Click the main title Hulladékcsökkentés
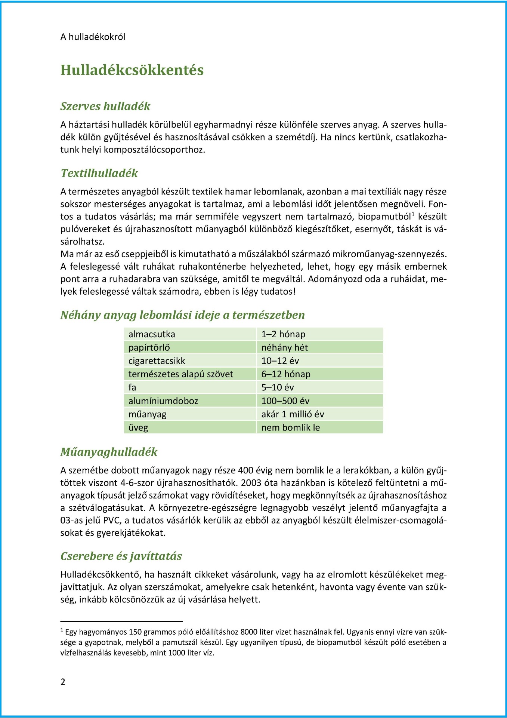tap(132, 70)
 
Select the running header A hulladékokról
tap(93, 37)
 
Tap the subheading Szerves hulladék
tap(105, 106)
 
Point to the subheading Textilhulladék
tap(99, 173)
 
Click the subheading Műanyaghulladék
tap(109, 452)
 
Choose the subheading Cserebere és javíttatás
tap(121, 556)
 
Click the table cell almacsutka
tap(152, 334)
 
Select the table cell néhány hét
tap(284, 348)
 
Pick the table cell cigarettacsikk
tap(157, 361)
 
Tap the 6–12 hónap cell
tap(286, 374)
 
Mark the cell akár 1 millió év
tap(293, 414)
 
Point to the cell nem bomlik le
tap(291, 428)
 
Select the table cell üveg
tap(138, 428)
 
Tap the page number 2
tap(63, 682)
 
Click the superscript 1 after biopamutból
tap(413, 214)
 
